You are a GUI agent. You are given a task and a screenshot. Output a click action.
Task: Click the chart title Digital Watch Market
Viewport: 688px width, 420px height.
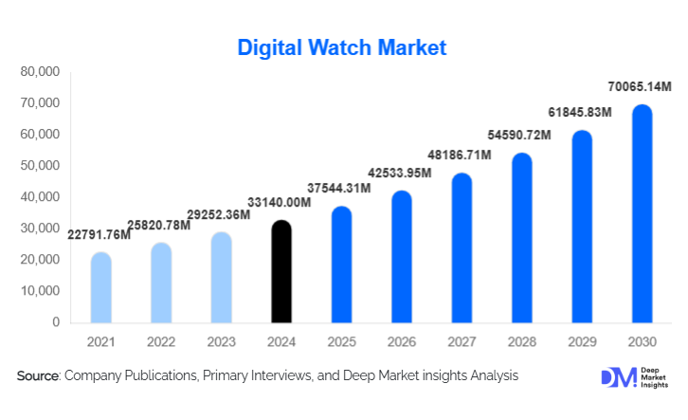click(x=341, y=46)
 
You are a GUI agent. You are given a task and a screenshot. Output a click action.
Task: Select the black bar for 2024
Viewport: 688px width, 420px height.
click(x=281, y=272)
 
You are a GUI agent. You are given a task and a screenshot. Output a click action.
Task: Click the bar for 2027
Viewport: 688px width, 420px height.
click(x=462, y=248)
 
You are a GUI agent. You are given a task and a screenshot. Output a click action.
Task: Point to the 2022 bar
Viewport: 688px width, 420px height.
click(x=161, y=283)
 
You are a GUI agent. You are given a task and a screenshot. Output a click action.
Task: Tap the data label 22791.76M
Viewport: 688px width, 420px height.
click(x=99, y=235)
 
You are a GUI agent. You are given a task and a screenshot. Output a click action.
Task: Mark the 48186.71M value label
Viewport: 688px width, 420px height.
click(x=461, y=155)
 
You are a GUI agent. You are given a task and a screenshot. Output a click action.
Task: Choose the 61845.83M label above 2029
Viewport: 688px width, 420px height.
click(x=581, y=113)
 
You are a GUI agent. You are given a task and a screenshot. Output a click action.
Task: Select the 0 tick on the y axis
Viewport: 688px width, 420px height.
click(x=56, y=322)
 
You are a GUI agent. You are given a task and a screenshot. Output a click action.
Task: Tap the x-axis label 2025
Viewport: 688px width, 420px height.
click(x=341, y=341)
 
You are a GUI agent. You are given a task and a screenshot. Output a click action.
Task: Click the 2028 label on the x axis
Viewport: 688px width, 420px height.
click(x=521, y=341)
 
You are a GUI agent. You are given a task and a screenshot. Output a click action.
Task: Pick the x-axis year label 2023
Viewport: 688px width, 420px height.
click(x=221, y=341)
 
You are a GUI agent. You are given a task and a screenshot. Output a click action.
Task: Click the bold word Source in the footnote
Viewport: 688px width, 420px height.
click(x=38, y=376)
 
